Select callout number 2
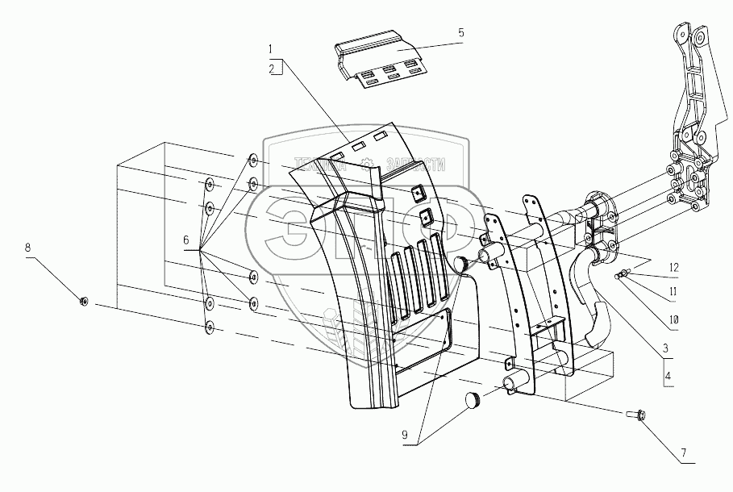point(273,69)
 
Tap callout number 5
point(460,34)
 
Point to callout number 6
point(186,241)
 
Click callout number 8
point(29,248)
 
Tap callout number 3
point(667,348)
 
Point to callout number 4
point(667,376)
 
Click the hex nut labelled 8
point(84,302)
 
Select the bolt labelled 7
point(634,415)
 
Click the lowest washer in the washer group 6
point(210,328)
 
